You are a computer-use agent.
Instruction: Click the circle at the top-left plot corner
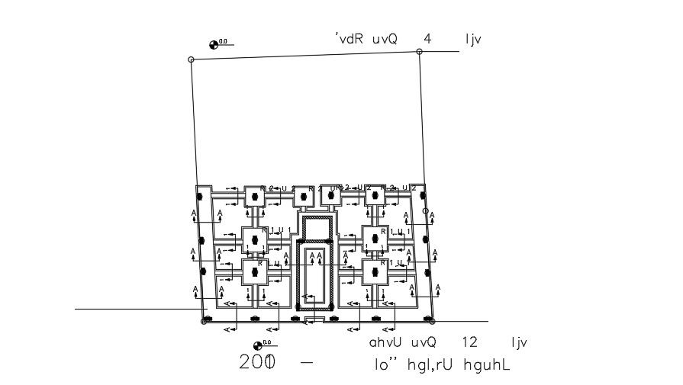point(191,59)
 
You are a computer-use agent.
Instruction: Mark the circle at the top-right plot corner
point(419,51)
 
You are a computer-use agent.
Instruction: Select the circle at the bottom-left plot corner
point(204,321)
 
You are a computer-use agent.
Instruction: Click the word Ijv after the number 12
point(518,344)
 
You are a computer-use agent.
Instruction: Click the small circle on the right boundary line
point(426,210)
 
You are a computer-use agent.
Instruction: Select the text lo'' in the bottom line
point(384,365)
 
